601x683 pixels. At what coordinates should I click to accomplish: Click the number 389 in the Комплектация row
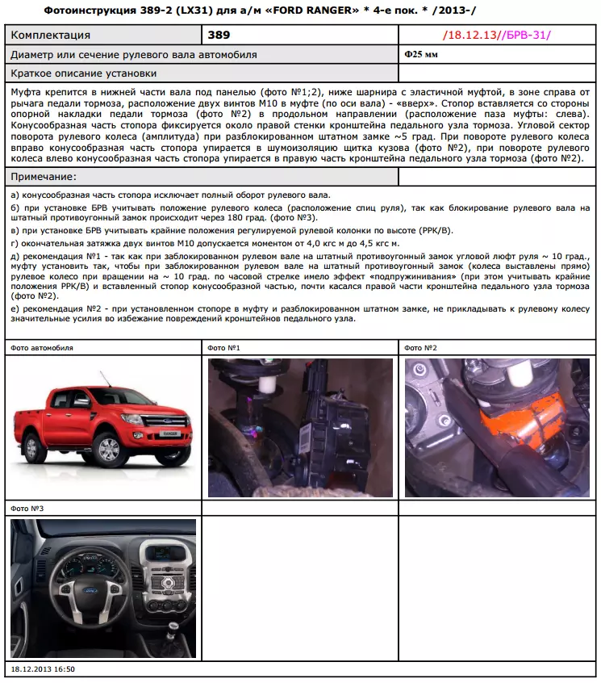pos(219,35)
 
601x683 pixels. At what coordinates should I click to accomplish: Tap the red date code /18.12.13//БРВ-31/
pos(497,36)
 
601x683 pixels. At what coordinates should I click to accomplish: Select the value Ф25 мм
pos(420,54)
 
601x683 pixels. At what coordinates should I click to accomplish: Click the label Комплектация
pos(50,36)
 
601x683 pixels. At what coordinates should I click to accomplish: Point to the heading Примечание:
pos(44,177)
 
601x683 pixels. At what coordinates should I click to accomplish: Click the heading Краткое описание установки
pos(84,73)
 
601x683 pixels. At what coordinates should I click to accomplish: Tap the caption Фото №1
pos(223,348)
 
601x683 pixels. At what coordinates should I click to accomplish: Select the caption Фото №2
pos(420,348)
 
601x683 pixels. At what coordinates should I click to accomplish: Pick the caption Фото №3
pos(27,509)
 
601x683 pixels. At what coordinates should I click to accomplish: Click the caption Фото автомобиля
pos(42,348)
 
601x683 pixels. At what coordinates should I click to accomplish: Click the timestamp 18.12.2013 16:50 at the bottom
pos(43,670)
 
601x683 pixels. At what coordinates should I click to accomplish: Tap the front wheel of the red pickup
pos(112,450)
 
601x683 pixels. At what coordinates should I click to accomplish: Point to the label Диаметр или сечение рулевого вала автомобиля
pos(134,54)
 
